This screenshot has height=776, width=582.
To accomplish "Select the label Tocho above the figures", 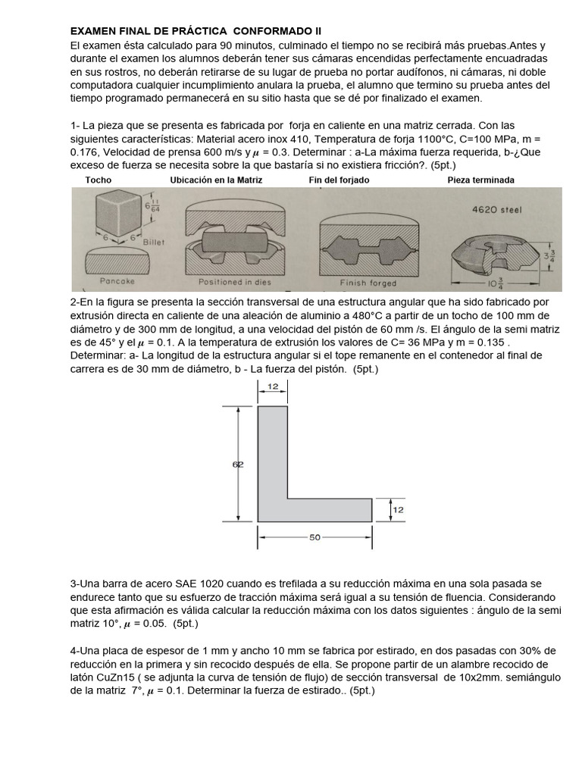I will point(98,180).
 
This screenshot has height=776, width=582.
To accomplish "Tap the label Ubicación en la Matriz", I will point(217,180).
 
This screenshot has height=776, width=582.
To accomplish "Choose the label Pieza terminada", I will point(481,180).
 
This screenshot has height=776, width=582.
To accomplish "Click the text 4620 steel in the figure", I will point(496,210).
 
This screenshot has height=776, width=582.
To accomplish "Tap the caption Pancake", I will point(117,281).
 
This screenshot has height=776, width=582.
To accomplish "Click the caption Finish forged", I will point(368,282).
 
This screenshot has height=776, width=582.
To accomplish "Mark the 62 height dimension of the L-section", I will point(237,465).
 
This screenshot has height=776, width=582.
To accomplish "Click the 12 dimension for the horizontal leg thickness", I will point(398,510).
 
